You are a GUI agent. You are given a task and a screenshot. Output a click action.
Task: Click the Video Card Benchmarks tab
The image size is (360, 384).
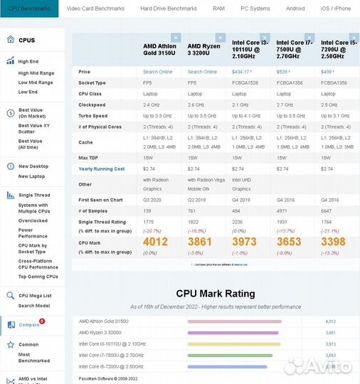click(95, 9)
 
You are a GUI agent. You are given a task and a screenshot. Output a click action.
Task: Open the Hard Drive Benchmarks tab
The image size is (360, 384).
click(169, 9)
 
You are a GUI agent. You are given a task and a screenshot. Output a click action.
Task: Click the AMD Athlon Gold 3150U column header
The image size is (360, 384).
click(159, 49)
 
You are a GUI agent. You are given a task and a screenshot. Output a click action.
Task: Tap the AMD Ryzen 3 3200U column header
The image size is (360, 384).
click(203, 49)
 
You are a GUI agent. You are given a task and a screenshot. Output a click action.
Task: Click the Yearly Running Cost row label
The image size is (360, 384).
click(102, 169)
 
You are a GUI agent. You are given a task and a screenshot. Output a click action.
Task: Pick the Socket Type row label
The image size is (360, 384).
click(92, 82)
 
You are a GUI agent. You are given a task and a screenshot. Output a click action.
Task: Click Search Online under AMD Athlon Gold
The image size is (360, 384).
click(158, 72)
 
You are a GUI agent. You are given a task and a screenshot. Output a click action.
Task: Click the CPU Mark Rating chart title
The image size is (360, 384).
click(216, 294)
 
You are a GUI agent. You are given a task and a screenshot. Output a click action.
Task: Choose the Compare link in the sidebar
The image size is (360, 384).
click(29, 324)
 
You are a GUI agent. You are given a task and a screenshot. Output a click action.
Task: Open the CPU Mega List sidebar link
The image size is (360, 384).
click(35, 295)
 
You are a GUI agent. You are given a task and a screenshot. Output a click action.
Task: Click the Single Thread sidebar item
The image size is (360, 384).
click(34, 195)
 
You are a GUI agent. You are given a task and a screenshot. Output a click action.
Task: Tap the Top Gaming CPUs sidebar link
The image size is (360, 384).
click(38, 276)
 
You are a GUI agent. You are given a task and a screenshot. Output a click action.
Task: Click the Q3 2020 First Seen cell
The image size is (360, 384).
click(154, 200)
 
